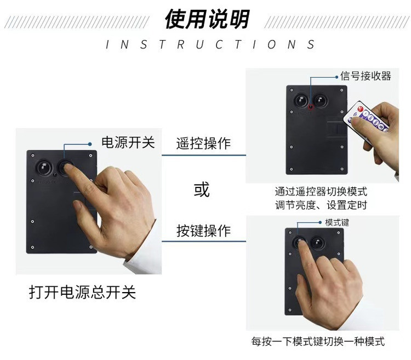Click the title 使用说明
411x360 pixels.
(207, 19)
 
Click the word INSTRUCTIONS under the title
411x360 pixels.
(210, 44)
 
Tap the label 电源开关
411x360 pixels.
(128, 142)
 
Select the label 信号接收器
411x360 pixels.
(366, 76)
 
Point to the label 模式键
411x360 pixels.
(337, 222)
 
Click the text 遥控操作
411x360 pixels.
(203, 144)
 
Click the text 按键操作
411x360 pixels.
(203, 231)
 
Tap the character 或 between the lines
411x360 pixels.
(202, 190)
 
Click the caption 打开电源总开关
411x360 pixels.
(82, 292)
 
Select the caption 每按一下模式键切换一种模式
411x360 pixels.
(318, 341)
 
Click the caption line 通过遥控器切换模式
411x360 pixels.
(321, 192)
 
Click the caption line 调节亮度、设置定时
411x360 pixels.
(321, 205)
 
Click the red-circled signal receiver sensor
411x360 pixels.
(311, 107)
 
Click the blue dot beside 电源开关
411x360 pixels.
(90, 144)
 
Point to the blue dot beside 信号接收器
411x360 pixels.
(337, 77)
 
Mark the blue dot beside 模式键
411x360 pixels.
(320, 222)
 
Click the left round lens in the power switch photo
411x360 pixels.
(44, 167)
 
